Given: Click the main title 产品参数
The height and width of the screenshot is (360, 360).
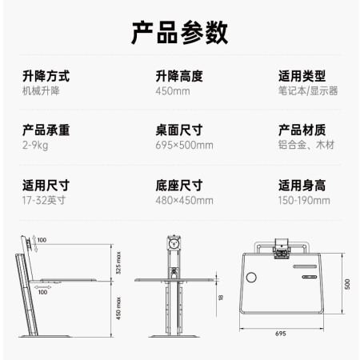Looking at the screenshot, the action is (x=180, y=33).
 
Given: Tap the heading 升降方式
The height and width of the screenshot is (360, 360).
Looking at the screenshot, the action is (x=46, y=76).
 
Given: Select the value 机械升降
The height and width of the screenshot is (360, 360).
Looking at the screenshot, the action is (x=41, y=91).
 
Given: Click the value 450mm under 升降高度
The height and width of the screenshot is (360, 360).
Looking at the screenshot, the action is (x=173, y=91).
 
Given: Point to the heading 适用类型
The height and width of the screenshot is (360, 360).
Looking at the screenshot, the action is (x=302, y=76).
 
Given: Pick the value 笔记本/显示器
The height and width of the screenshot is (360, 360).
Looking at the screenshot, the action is (x=308, y=91).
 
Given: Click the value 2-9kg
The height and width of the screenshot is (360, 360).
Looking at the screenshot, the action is (x=35, y=146).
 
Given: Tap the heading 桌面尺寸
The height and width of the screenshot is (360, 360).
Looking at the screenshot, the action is (x=179, y=130).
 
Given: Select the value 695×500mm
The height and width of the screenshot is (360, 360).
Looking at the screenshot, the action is (x=184, y=146).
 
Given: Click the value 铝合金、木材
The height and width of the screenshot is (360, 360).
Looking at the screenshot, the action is (x=306, y=145).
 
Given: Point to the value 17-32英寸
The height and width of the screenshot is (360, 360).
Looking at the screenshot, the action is (x=44, y=200).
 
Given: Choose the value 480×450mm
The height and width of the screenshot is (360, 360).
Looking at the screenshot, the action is (x=184, y=201).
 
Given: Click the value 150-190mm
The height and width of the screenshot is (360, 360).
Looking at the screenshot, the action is (x=304, y=201).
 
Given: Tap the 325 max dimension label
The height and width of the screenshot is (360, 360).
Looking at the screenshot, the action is (x=118, y=263).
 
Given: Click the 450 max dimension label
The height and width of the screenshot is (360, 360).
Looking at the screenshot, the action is (x=118, y=309).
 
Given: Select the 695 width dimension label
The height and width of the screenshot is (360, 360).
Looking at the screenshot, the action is (x=281, y=334).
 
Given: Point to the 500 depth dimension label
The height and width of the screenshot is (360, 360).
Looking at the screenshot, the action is (x=347, y=284).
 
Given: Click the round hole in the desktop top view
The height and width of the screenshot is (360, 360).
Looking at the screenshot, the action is (x=251, y=278).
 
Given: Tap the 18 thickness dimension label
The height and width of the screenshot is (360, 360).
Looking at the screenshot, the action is (x=221, y=298).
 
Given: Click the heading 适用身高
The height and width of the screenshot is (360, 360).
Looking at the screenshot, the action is (x=302, y=186).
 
